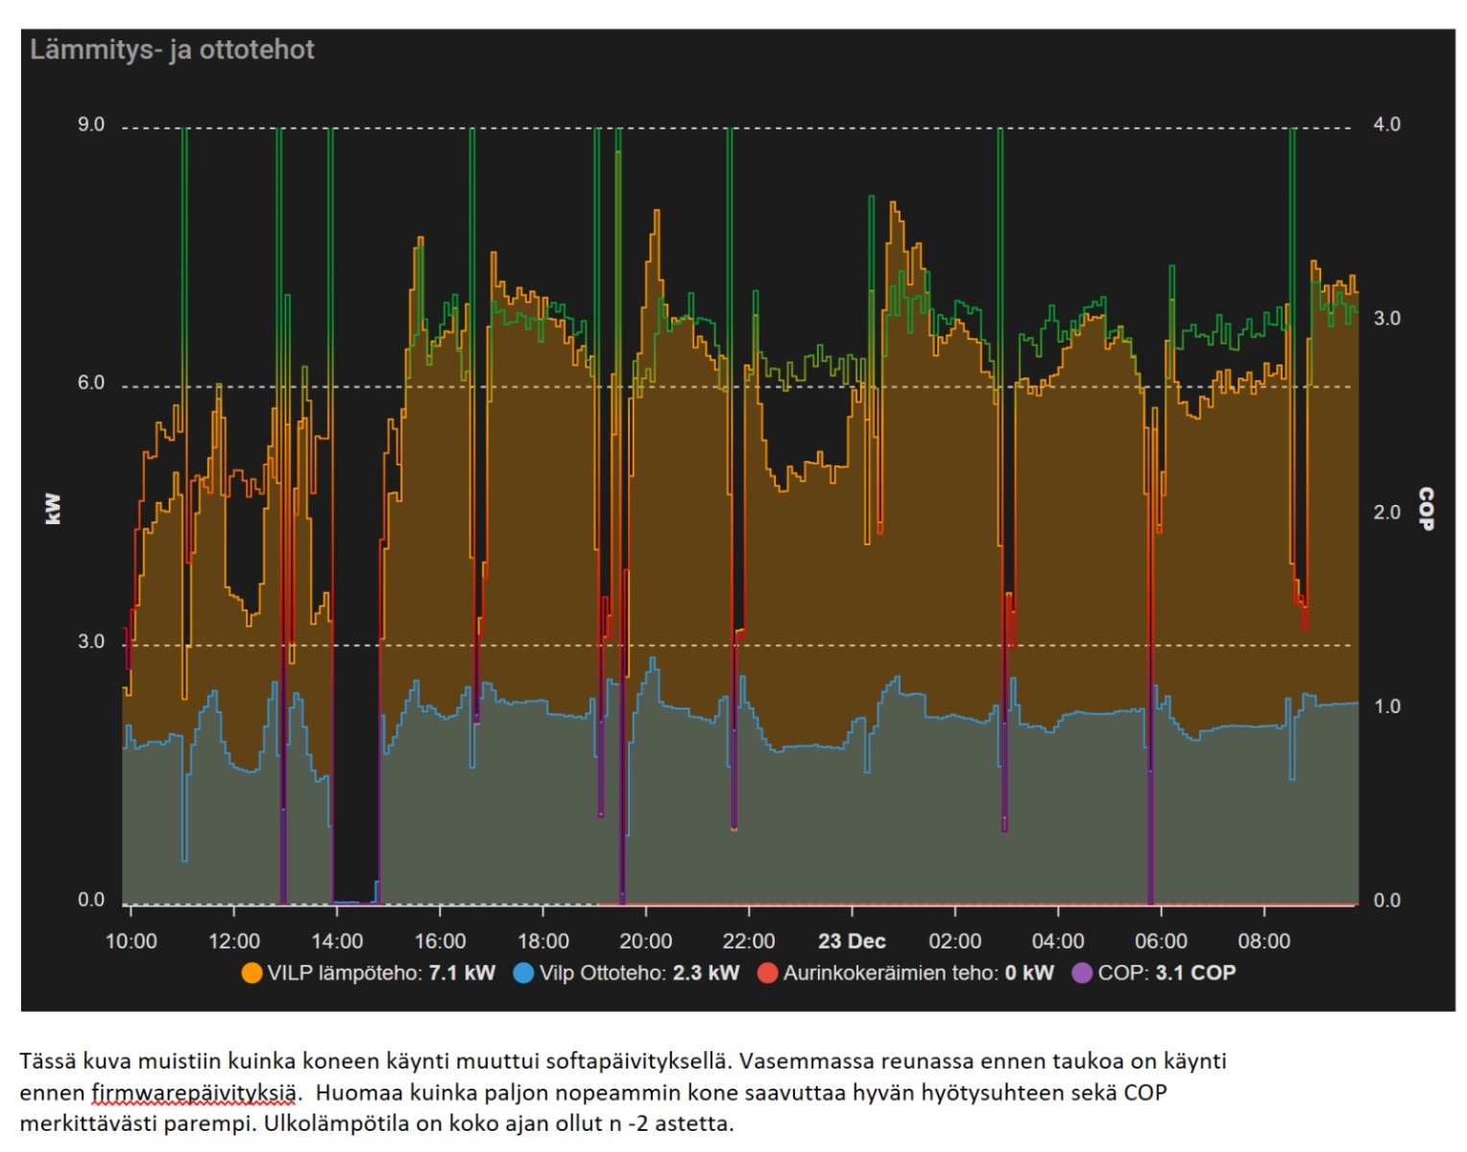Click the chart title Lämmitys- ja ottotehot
(172, 50)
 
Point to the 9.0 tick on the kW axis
(91, 125)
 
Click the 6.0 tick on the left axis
(91, 383)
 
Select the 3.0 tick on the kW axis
(91, 641)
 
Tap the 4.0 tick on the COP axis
(1386, 125)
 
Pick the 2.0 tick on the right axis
(1386, 512)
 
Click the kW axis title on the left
(53, 509)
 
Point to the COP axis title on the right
(1426, 509)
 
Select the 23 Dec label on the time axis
(852, 942)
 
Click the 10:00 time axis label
(131, 942)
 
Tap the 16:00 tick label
(440, 942)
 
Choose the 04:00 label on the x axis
(1058, 942)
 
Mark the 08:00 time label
(1263, 942)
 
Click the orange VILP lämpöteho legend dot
(252, 973)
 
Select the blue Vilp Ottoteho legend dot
(524, 973)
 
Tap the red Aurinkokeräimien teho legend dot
(767, 973)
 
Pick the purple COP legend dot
(1082, 973)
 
